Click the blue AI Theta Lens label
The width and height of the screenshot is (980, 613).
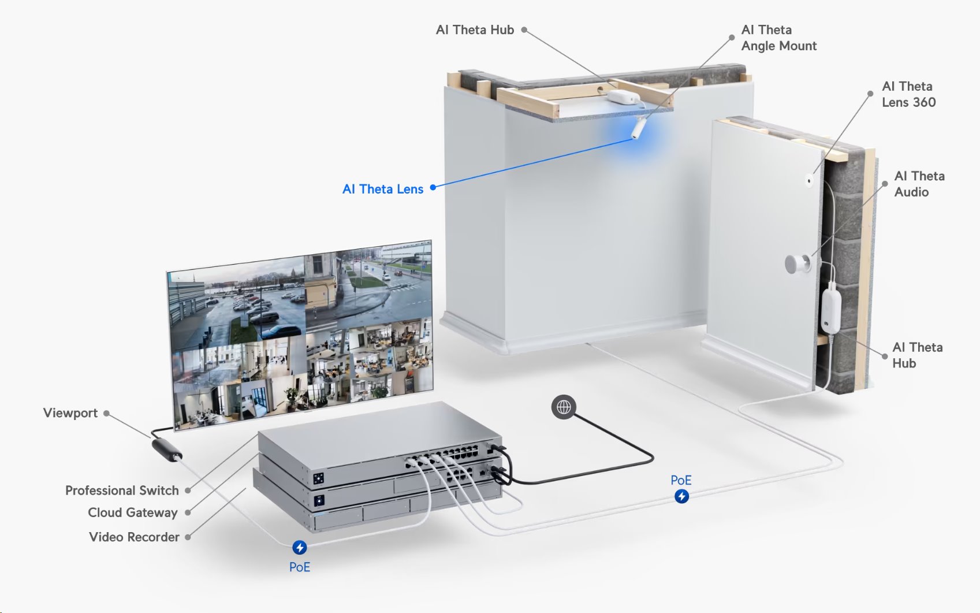[x=383, y=189]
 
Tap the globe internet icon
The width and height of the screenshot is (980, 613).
[x=564, y=407]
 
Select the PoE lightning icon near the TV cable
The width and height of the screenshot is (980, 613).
[x=299, y=547]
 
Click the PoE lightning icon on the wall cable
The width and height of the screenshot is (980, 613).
[x=681, y=496]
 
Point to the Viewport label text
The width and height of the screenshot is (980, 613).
[x=70, y=413]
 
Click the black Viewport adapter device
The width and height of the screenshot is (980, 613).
[x=166, y=449]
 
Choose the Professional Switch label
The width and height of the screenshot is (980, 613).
[x=122, y=491]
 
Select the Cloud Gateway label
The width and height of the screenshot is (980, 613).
[x=133, y=512]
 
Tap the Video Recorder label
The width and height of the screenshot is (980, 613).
[x=134, y=537]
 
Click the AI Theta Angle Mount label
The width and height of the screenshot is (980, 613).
[x=778, y=38]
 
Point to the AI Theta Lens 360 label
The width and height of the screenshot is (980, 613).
[x=908, y=94]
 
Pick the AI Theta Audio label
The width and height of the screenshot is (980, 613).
[x=919, y=184]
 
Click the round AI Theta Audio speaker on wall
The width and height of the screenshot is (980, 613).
[x=797, y=264]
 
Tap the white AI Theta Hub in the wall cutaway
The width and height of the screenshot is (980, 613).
[x=830, y=311]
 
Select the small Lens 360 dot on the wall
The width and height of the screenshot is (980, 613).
[x=809, y=181]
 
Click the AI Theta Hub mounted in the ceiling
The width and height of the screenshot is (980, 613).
[x=621, y=97]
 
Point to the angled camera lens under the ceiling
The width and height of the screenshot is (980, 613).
[x=638, y=128]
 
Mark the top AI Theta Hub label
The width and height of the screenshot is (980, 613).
[x=475, y=30]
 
